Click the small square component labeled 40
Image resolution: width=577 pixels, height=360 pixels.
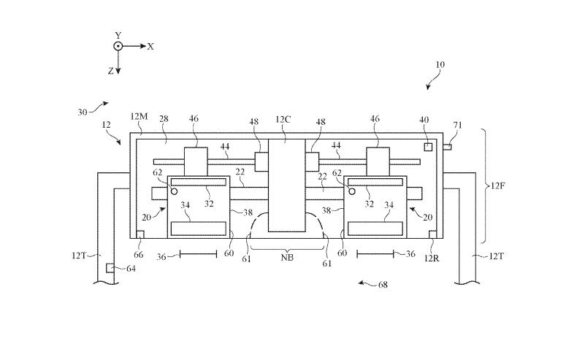click(x=428, y=147)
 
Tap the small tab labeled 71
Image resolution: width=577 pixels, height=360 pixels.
click(x=447, y=147)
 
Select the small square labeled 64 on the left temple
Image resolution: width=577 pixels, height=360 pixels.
click(x=110, y=268)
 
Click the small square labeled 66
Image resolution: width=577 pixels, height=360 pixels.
click(x=140, y=234)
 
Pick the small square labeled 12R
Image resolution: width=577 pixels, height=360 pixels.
click(x=433, y=234)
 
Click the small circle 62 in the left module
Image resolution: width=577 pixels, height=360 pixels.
click(x=175, y=191)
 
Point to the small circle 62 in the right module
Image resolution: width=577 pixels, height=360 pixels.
click(x=352, y=191)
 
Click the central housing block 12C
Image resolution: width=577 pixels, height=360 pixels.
click(x=286, y=185)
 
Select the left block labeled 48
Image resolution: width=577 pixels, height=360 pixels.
click(x=261, y=162)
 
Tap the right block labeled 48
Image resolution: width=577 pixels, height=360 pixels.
click(x=312, y=162)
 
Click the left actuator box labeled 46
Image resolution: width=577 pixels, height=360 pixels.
click(x=196, y=162)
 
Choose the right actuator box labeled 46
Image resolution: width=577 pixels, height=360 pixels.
click(x=378, y=162)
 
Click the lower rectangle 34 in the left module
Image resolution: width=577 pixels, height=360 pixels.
click(x=199, y=229)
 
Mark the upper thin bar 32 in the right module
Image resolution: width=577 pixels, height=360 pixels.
click(x=375, y=182)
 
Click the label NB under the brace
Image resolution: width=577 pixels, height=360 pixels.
click(x=287, y=258)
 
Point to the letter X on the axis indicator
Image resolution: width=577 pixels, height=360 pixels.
click(x=150, y=47)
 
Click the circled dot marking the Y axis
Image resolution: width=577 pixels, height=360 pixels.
click(x=118, y=46)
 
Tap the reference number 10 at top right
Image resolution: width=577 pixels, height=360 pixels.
click(x=440, y=65)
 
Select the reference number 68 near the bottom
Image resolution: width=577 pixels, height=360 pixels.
click(x=383, y=285)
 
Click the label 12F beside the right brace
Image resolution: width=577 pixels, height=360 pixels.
click(x=498, y=185)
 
